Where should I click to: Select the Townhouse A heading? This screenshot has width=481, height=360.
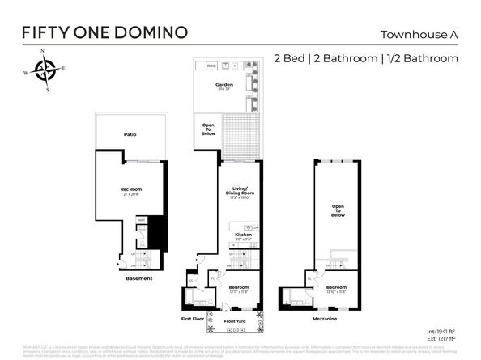[419, 34]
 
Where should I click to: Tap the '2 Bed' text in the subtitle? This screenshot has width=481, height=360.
[292, 58]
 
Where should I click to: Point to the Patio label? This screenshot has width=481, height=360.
[130, 134]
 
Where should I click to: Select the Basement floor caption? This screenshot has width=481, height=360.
[138, 278]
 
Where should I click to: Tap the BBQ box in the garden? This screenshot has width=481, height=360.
[211, 65]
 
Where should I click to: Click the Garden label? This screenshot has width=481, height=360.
[224, 84]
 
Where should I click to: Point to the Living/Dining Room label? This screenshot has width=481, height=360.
[241, 191]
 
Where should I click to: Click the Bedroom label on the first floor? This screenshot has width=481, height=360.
[237, 287]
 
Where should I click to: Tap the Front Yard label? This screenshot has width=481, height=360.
[235, 320]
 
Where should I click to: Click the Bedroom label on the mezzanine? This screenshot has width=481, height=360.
[336, 287]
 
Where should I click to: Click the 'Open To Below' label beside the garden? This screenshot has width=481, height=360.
[208, 129]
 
